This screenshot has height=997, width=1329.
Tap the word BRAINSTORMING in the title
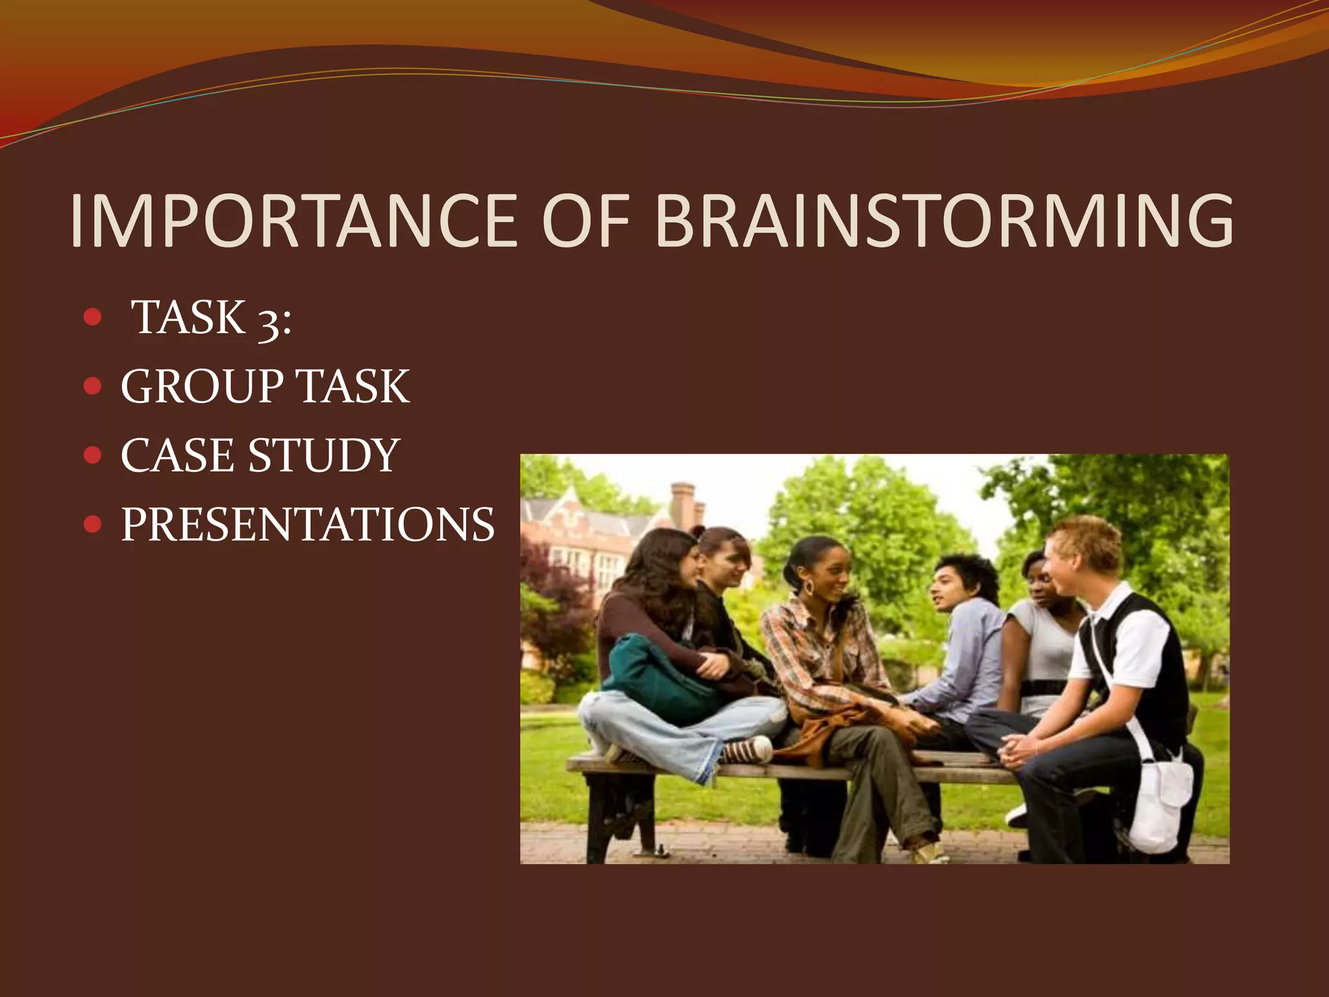click(x=944, y=221)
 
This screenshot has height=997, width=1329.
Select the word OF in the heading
click(x=586, y=221)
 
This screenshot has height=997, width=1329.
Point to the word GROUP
click(x=202, y=387)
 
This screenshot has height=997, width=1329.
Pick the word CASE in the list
click(x=177, y=456)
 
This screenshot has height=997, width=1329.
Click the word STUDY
click(x=324, y=456)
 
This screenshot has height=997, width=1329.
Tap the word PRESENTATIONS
click(x=308, y=524)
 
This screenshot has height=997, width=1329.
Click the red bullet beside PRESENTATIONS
click(x=93, y=524)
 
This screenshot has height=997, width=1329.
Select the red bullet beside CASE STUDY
click(x=93, y=455)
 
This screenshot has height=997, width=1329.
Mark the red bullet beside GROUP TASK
click(x=93, y=386)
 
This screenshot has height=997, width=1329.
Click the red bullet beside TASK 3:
click(x=93, y=317)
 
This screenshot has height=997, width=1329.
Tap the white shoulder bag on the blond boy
click(x=1162, y=802)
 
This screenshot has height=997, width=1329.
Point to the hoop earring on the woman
click(x=809, y=588)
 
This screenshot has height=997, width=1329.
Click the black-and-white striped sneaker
click(x=746, y=750)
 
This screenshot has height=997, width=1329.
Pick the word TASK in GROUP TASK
click(x=353, y=387)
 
